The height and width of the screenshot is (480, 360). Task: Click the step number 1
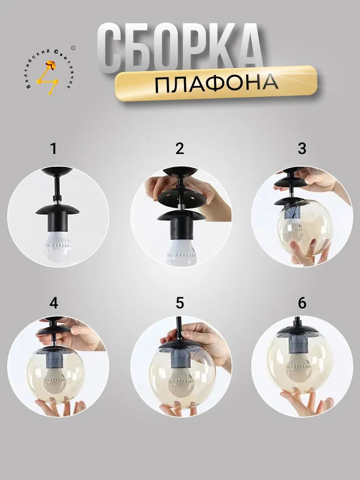click(x=54, y=149)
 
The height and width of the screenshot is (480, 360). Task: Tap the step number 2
click(x=180, y=148)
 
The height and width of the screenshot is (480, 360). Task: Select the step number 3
click(x=302, y=148)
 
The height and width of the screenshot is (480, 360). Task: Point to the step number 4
click(x=54, y=303)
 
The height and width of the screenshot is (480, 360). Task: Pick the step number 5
click(x=180, y=303)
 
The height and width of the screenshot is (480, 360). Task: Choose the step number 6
click(x=302, y=303)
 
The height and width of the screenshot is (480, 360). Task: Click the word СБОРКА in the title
click(x=180, y=48)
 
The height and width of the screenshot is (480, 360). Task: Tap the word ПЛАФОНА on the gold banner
click(x=216, y=83)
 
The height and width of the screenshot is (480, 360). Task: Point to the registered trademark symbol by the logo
click(x=73, y=48)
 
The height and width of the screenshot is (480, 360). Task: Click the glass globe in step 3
click(x=302, y=227)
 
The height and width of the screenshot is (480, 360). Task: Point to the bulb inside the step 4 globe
click(x=55, y=380)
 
